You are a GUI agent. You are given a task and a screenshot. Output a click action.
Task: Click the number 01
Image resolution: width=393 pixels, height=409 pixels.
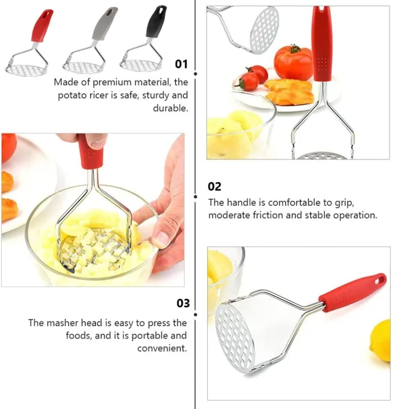(181, 64)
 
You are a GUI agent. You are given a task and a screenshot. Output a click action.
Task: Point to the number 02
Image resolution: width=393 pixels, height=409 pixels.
(215, 186)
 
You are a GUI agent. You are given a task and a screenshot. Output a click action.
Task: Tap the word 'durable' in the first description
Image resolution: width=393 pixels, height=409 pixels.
(170, 107)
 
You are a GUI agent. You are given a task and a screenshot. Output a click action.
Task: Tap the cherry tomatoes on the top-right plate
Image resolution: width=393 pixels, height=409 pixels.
(252, 78)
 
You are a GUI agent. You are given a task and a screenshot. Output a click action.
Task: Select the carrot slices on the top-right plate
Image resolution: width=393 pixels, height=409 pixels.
(288, 91)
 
